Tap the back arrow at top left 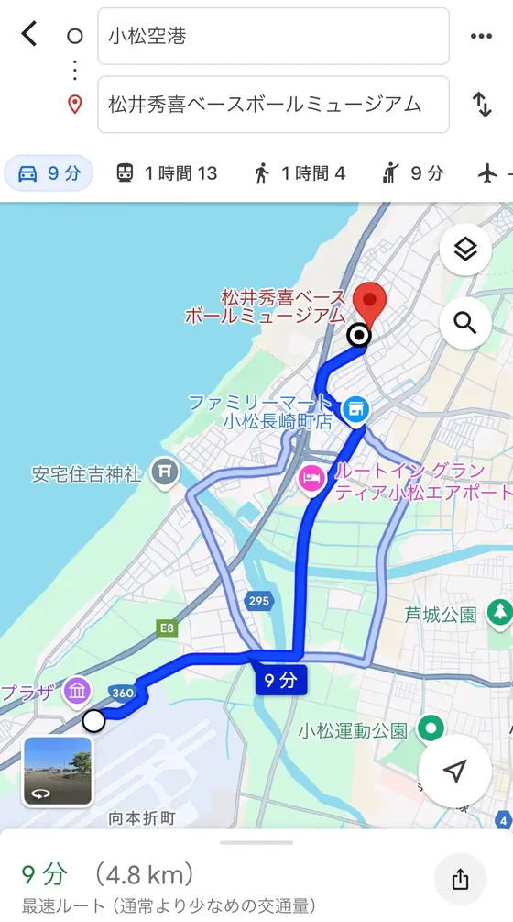point(29,35)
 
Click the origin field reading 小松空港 point(273,37)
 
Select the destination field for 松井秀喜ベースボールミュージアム point(273,105)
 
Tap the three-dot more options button point(482,37)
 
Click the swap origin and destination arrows point(482,105)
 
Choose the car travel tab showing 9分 point(49,173)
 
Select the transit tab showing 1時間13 point(166,173)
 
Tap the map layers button point(465,250)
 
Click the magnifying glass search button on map point(465,324)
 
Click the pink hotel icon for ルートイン point(312,478)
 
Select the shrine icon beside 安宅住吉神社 point(165,472)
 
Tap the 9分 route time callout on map point(280,680)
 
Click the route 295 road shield point(257,600)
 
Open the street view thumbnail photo point(57,771)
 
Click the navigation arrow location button point(455,772)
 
